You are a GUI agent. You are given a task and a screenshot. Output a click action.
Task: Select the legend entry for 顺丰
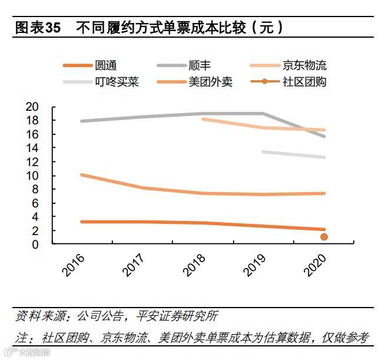(x=199, y=65)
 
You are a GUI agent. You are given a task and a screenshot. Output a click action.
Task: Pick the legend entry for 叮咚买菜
(x=117, y=82)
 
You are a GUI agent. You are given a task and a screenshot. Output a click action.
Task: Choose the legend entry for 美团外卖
(x=210, y=82)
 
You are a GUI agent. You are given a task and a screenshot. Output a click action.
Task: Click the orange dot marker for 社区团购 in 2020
(x=323, y=237)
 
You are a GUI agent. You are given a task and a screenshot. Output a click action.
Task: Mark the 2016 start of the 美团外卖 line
(x=82, y=175)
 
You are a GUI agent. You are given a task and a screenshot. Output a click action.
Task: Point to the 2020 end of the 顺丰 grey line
(x=323, y=136)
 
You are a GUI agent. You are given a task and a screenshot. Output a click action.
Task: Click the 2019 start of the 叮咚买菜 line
(x=263, y=152)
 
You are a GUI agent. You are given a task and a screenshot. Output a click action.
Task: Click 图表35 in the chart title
(x=38, y=28)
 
